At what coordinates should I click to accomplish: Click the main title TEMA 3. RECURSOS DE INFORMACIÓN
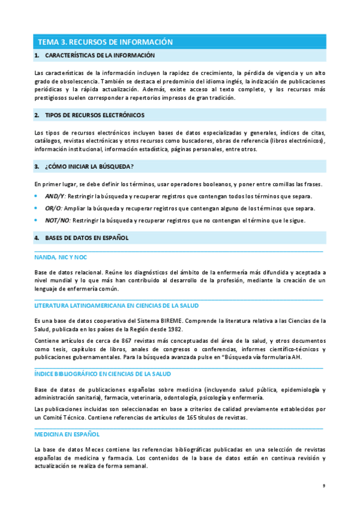(105, 42)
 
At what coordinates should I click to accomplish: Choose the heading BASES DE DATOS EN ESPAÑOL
(87, 238)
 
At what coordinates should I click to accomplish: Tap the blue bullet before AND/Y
(37, 196)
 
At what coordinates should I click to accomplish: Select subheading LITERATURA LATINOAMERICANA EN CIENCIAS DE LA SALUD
(117, 306)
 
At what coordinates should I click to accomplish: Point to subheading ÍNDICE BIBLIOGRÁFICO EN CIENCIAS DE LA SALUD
(103, 374)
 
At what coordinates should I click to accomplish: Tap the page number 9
(323, 486)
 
